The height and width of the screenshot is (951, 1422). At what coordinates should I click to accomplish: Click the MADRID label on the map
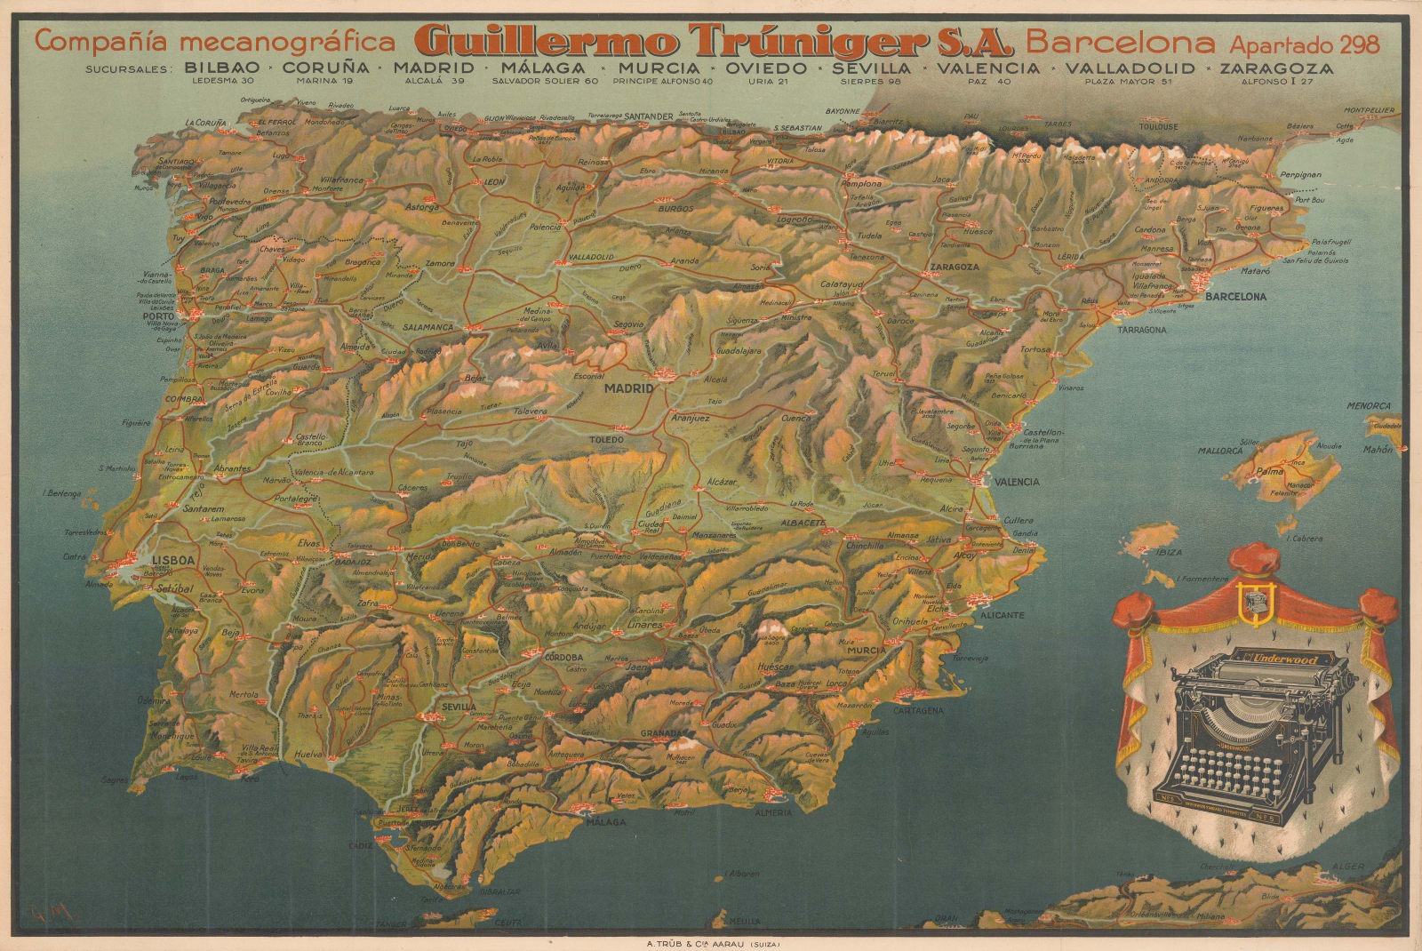pos(628,388)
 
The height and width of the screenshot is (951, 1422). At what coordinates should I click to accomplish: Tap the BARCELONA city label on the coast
pos(1234,296)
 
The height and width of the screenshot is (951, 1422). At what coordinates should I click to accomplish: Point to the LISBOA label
pos(173,559)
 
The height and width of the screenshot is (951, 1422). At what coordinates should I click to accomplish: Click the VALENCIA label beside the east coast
pos(1016,482)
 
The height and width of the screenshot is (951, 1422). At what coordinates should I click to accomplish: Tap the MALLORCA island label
pos(1219,451)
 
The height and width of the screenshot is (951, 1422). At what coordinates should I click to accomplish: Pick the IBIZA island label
pos(1169,552)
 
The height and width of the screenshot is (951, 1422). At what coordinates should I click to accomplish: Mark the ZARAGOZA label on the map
pos(955,267)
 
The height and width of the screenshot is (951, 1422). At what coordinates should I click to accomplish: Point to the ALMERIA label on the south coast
pos(772,812)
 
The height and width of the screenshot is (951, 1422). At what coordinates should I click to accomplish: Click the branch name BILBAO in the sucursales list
pos(222,68)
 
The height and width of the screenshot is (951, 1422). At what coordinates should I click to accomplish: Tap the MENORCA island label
pos(1368,406)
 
